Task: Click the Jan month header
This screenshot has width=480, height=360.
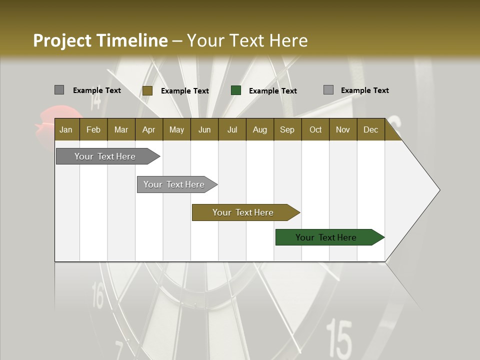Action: [x=66, y=129]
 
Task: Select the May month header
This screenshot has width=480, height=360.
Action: [x=176, y=129]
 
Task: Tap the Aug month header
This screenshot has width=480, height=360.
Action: [x=259, y=129]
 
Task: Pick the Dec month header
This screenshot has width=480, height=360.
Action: [x=370, y=129]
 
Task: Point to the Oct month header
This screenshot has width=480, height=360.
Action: [x=315, y=129]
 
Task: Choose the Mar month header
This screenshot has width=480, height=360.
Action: [x=121, y=129]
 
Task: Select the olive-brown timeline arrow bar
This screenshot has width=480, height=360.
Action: [x=243, y=212]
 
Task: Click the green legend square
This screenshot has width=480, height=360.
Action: [x=236, y=90]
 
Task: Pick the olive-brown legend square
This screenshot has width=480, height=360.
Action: [x=147, y=90]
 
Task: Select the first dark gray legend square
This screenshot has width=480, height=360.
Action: [x=59, y=90]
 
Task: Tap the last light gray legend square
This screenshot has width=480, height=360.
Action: [x=328, y=90]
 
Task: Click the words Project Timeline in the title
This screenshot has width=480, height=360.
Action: [x=100, y=40]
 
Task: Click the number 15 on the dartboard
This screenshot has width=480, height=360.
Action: [x=339, y=338]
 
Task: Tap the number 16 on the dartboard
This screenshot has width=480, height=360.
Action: [x=98, y=294]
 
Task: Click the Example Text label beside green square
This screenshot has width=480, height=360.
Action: [x=272, y=90]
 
